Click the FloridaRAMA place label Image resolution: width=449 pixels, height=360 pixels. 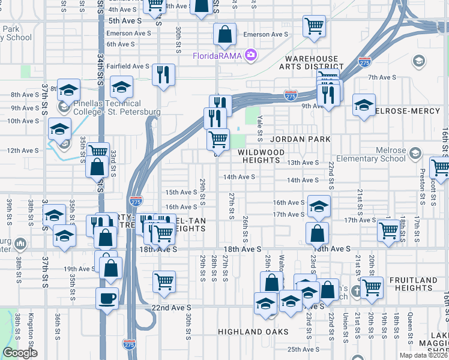(217, 56)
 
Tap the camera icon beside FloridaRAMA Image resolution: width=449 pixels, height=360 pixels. (250, 56)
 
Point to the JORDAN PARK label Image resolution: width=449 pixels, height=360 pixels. (300, 139)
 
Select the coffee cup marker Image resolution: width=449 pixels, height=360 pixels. (107, 298)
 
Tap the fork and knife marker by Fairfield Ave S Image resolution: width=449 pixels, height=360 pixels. (163, 74)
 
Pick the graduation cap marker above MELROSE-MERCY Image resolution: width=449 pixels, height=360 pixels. (364, 105)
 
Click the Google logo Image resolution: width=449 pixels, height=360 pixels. (20, 353)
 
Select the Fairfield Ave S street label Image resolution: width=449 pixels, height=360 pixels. (128, 66)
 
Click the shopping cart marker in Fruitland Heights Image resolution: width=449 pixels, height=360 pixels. (372, 287)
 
